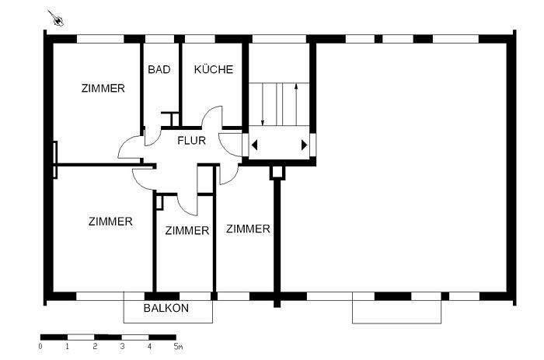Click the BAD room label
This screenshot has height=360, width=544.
[x=159, y=70]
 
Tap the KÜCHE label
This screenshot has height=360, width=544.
[x=213, y=70]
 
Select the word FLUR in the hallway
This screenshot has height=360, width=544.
[x=191, y=142]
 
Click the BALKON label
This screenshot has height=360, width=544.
[x=166, y=309]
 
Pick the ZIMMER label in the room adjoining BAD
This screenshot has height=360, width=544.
[x=103, y=89]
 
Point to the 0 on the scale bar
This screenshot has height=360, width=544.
[x=40, y=346]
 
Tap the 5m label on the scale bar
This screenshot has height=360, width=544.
[x=178, y=346]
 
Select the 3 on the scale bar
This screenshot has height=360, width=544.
[x=122, y=346]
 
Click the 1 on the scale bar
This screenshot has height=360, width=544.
[x=68, y=346]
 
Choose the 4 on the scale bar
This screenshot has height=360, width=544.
[x=149, y=346]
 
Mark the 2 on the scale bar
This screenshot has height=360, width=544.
[x=95, y=346]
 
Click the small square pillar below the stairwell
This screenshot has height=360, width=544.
[x=275, y=173]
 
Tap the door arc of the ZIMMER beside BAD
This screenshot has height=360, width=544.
[x=131, y=145]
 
